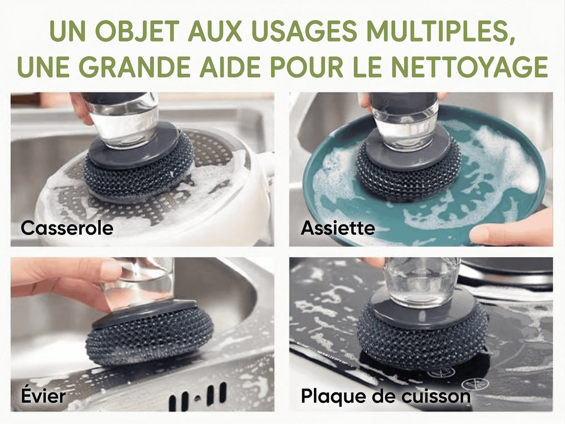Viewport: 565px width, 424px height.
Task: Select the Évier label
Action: pos(43,396)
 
